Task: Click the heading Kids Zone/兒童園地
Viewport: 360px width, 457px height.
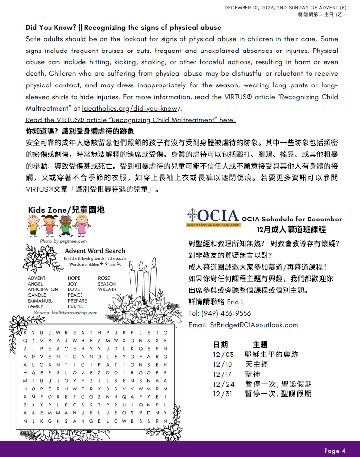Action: click(x=66, y=210)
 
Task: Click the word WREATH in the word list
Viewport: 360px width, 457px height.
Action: click(x=107, y=289)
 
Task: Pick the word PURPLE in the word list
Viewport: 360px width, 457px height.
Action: click(x=76, y=306)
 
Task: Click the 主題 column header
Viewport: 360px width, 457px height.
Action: click(x=261, y=344)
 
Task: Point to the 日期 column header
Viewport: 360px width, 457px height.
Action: click(x=220, y=344)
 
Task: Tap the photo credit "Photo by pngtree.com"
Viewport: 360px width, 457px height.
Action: click(x=63, y=241)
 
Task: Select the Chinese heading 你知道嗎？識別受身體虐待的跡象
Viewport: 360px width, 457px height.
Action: click(x=80, y=132)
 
